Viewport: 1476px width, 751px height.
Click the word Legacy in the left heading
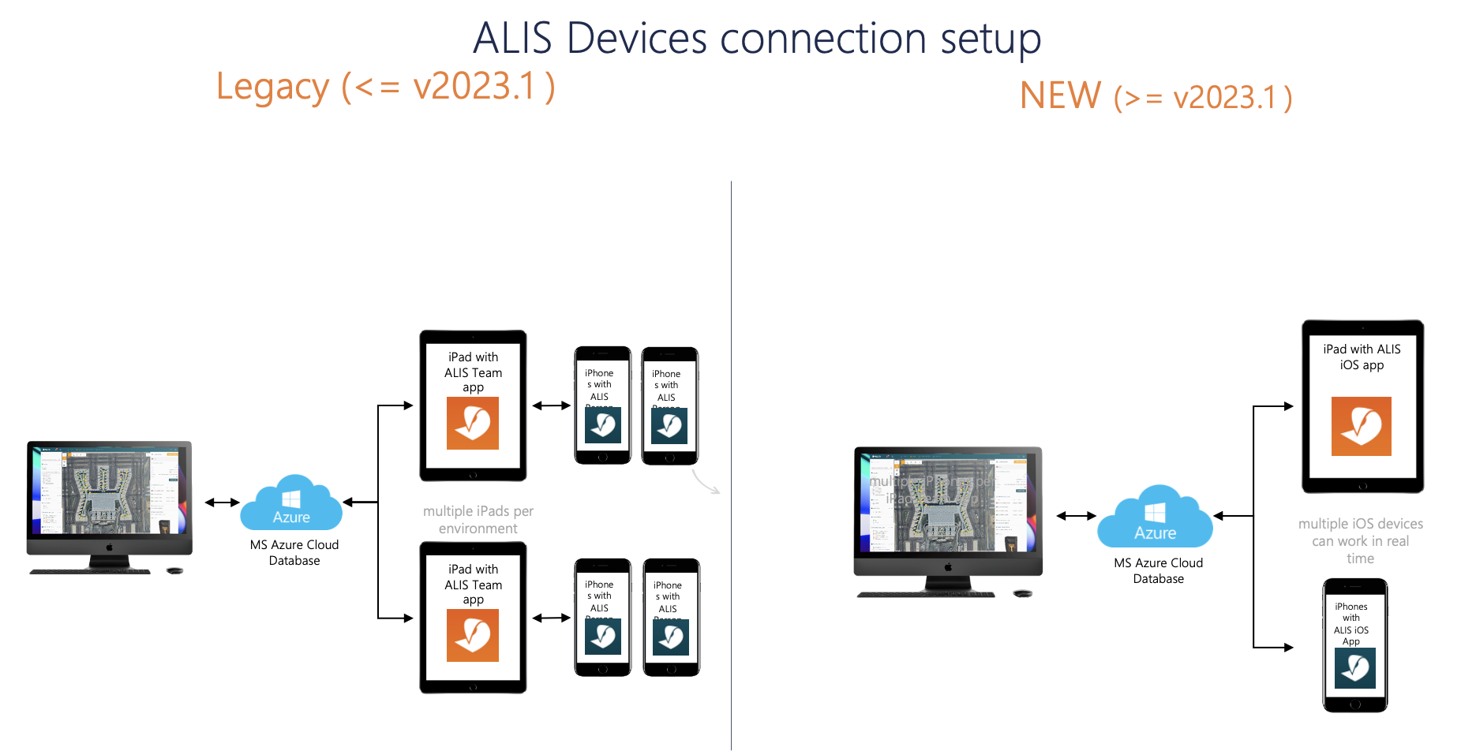272,88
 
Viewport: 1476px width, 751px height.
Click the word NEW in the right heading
1060,96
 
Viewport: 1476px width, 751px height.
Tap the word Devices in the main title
636,38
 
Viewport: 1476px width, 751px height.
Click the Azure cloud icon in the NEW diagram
1155,517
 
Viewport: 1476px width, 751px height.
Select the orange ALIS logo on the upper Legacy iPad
473,424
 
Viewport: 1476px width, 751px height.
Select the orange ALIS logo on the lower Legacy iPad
473,636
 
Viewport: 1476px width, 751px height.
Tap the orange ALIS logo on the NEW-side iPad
1361,427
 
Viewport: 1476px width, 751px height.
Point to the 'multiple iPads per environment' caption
478,520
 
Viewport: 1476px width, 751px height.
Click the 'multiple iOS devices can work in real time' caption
1360,541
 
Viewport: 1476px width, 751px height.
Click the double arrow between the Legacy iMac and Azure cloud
222,503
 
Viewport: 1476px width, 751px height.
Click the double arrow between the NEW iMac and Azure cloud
1076,516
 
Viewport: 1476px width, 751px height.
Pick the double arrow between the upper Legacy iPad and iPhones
551,405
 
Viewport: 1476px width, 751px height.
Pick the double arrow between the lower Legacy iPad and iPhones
551,618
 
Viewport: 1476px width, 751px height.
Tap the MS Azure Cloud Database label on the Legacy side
294,553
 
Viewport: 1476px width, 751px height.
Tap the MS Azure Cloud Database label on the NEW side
1158,571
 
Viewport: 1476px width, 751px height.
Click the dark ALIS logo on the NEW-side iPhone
1354,668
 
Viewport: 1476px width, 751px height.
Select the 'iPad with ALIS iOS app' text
1362,357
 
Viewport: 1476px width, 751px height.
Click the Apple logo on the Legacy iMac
110,547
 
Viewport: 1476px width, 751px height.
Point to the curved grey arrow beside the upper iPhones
705,482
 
